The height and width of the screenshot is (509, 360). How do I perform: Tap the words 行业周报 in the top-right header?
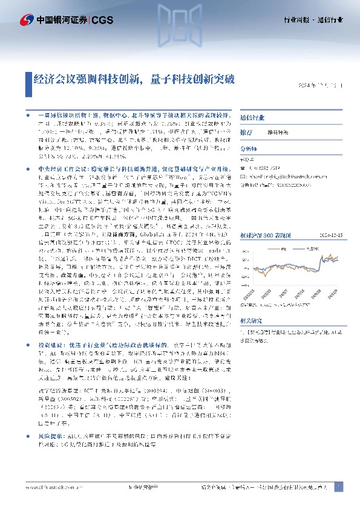point(298,20)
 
